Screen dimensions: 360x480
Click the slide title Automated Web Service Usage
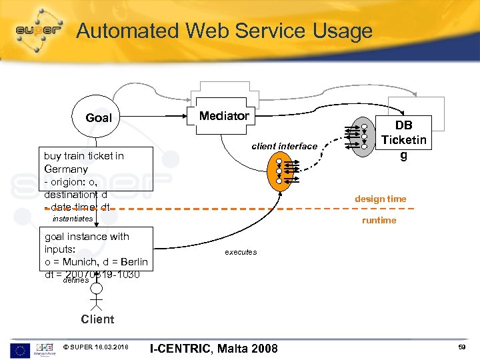coord(224,31)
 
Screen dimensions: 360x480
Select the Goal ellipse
coord(99,118)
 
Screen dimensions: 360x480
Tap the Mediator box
coord(224,116)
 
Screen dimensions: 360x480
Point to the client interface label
coord(284,146)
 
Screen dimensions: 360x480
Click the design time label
coord(381,199)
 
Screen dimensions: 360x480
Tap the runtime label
coord(379,220)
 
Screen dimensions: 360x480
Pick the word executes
coord(241,252)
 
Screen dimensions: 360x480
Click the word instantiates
coord(73,219)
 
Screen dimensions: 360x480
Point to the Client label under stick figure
coord(97,319)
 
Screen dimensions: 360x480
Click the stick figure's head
coord(97,289)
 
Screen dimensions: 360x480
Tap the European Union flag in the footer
coord(20,348)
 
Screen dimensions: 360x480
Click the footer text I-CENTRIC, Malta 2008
coord(213,348)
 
